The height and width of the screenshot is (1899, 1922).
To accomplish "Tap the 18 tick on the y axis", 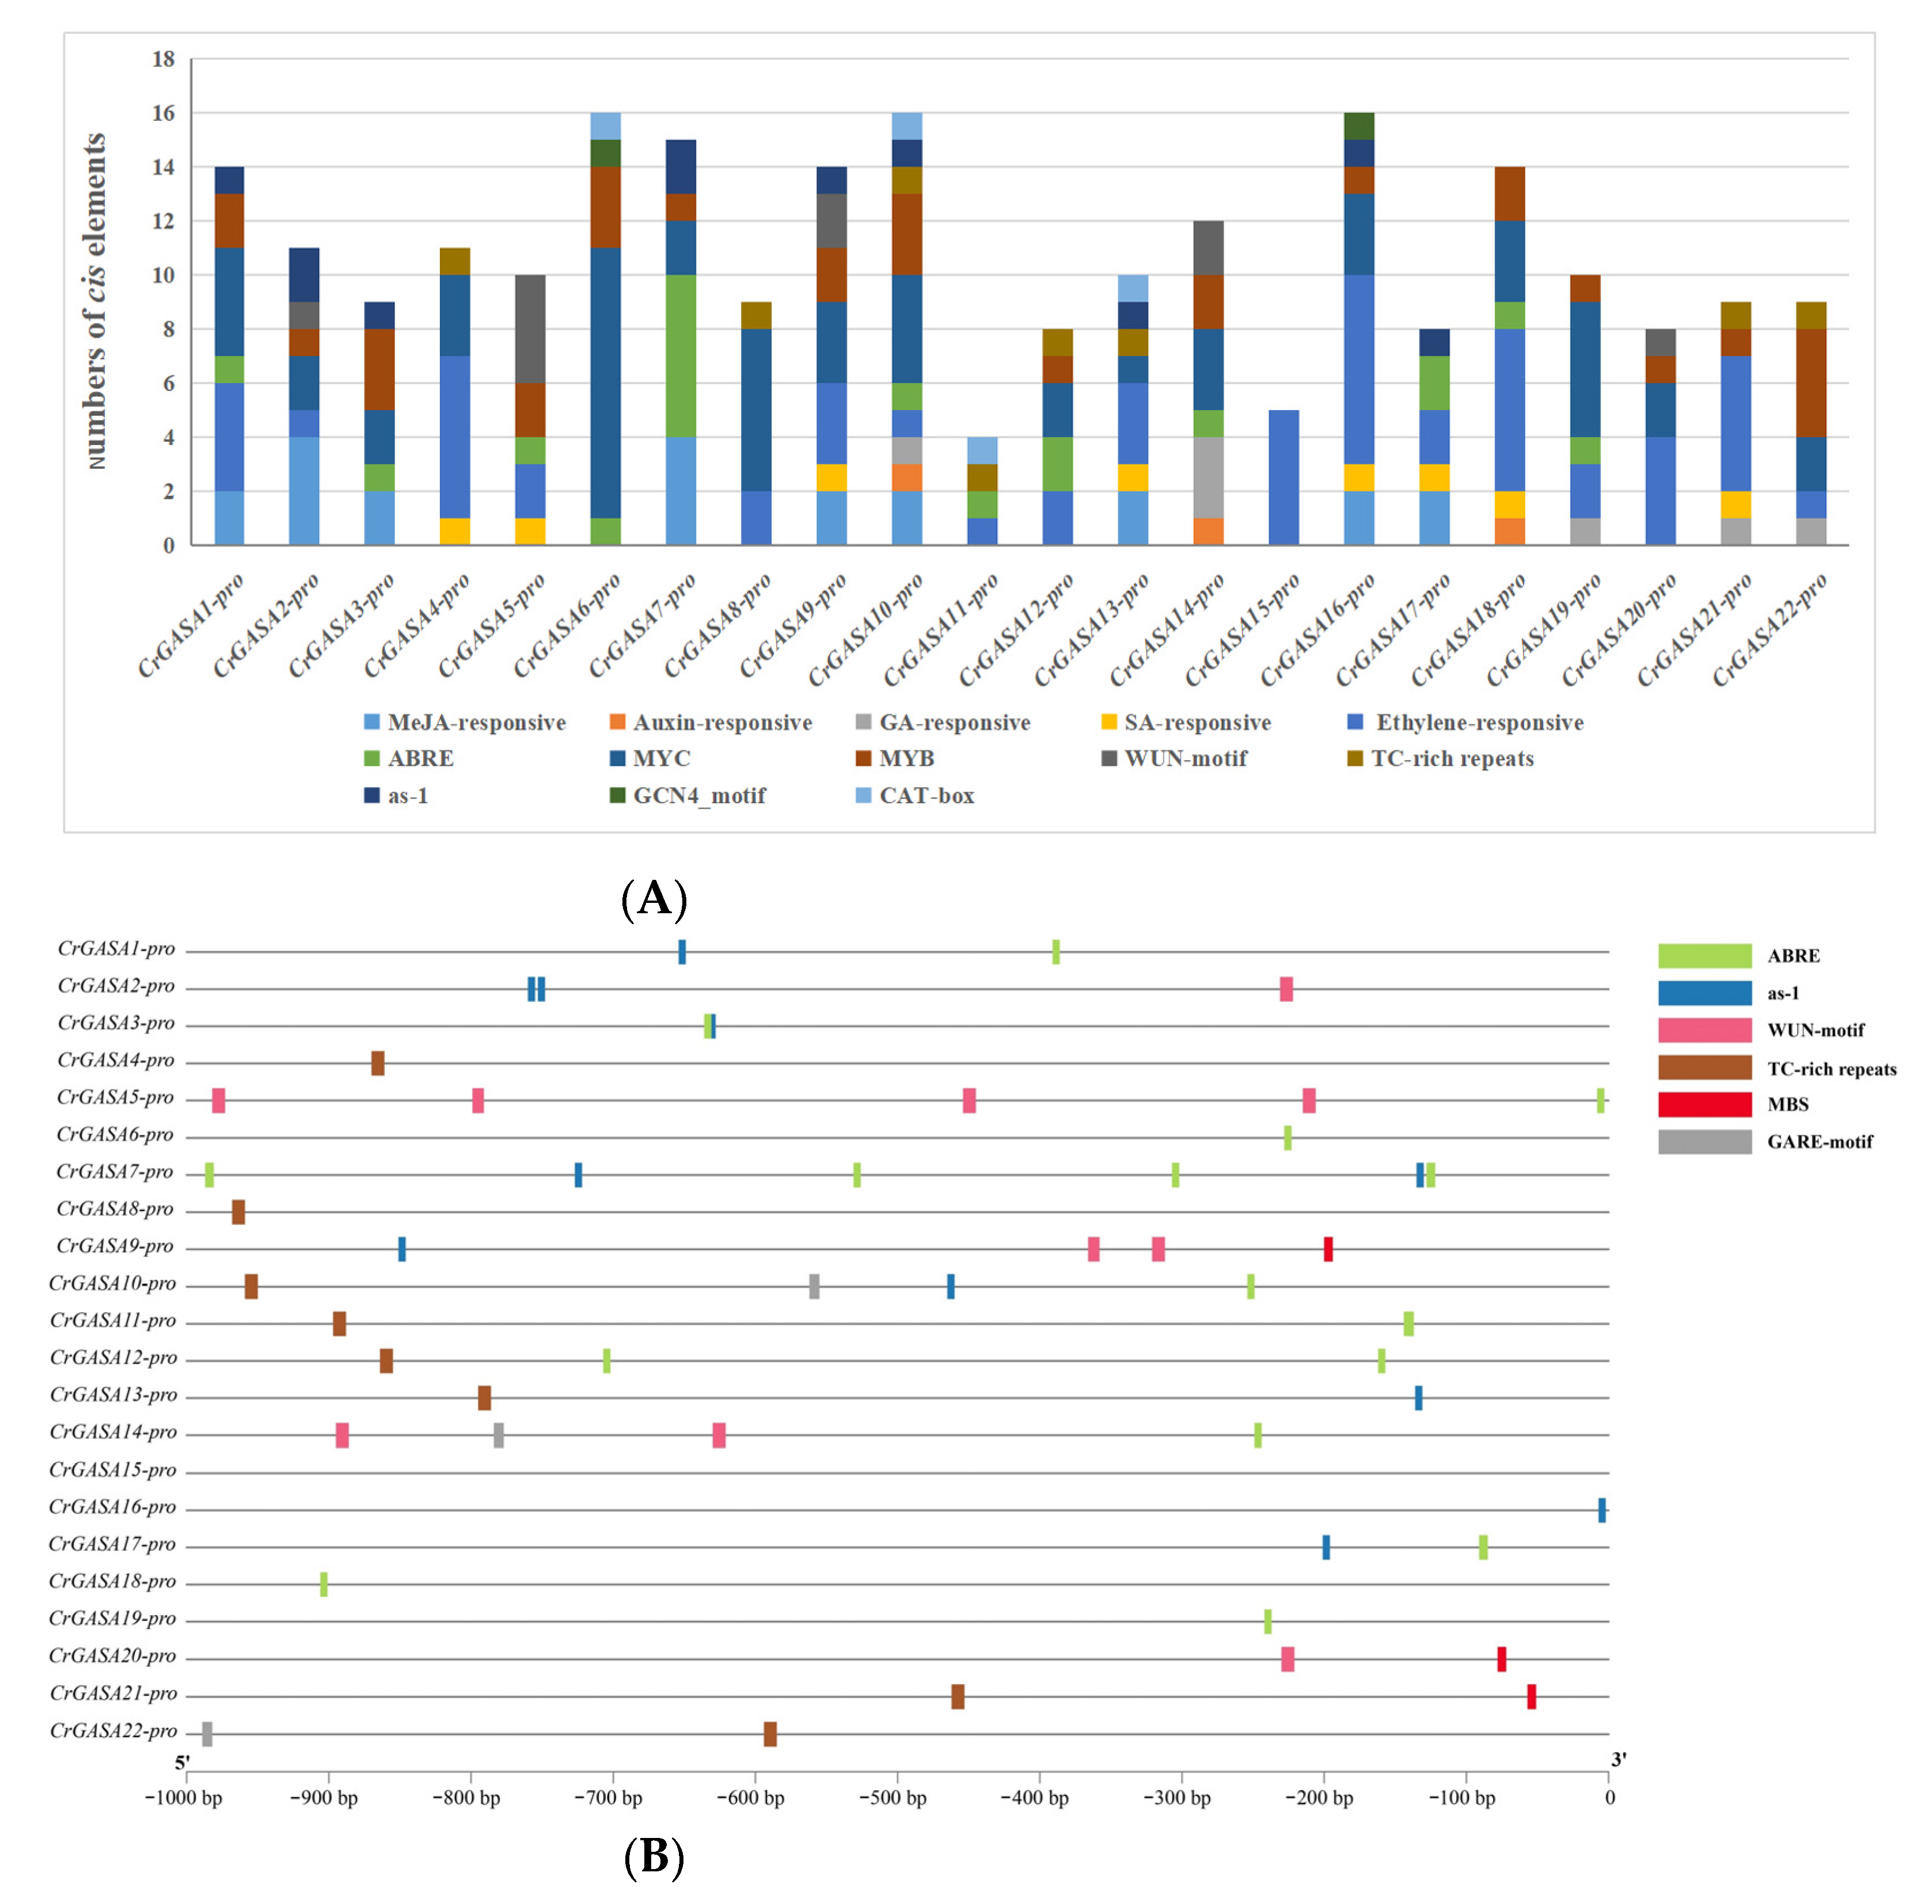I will pyautogui.click(x=163, y=60).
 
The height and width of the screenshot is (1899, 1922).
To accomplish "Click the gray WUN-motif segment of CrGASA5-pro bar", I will pyautogui.click(x=530, y=329).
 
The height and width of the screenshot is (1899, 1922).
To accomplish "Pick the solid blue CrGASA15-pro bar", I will pyautogui.click(x=1283, y=477).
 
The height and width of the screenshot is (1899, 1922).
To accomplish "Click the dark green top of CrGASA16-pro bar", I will pyautogui.click(x=1359, y=126).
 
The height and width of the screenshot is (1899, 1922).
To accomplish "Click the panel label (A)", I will pyautogui.click(x=654, y=899).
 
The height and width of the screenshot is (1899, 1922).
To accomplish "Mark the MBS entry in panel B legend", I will pyautogui.click(x=1788, y=1104).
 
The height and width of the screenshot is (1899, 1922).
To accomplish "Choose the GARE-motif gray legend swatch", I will pyautogui.click(x=1704, y=1141).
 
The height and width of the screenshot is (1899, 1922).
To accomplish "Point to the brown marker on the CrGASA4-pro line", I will pyautogui.click(x=378, y=1062).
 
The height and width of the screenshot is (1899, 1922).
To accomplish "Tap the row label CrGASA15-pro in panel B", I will pyautogui.click(x=112, y=1470).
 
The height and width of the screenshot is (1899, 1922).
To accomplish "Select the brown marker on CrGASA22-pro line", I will pyautogui.click(x=770, y=1734).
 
